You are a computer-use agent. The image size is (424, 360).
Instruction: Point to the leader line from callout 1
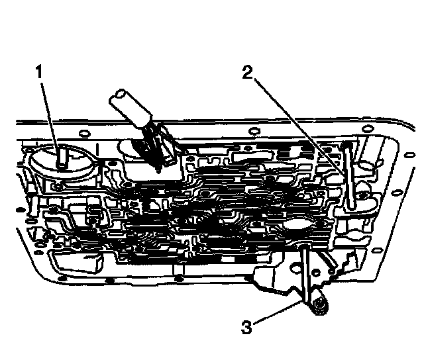49,112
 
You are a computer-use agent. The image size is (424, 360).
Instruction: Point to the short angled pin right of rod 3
325,265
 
